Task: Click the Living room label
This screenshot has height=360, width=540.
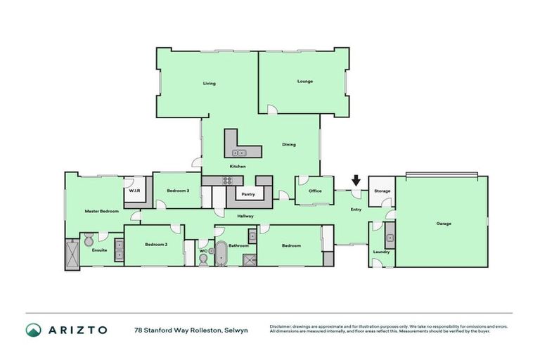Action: click(x=209, y=83)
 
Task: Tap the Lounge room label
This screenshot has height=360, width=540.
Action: click(x=304, y=81)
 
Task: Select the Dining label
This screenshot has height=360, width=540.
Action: click(x=288, y=145)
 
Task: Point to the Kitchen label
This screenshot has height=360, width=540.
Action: click(x=238, y=166)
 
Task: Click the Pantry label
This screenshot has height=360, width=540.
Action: click(x=247, y=194)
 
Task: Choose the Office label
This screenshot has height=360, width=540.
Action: click(x=314, y=191)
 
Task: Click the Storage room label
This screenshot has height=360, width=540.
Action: click(x=382, y=191)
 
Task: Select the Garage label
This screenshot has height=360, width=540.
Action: click(x=443, y=224)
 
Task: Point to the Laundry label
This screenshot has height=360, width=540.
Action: click(x=382, y=251)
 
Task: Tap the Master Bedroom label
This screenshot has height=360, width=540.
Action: click(x=101, y=211)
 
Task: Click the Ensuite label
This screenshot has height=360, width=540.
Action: click(x=99, y=250)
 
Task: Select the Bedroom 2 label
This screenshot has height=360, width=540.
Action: click(x=155, y=245)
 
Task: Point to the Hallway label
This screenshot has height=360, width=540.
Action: click(x=245, y=216)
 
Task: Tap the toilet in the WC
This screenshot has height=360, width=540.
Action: click(x=203, y=259)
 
